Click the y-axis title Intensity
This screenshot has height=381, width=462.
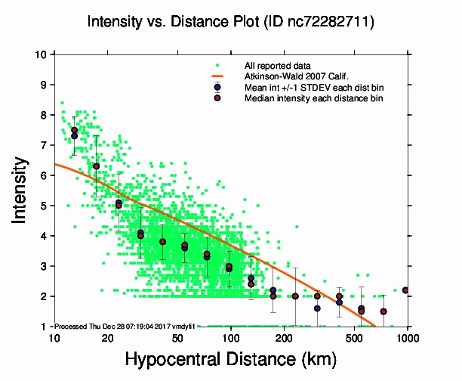coord(22,189)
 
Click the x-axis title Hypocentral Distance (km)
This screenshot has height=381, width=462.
coord(231,358)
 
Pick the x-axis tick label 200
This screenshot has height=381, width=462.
coord(284,337)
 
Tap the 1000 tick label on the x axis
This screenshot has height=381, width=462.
coord(408,337)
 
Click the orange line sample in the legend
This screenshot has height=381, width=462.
coord(217,76)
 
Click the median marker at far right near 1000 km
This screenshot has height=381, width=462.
coord(405,290)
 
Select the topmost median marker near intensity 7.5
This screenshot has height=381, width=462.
coord(74,130)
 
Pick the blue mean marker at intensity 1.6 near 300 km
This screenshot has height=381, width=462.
coord(317,308)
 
